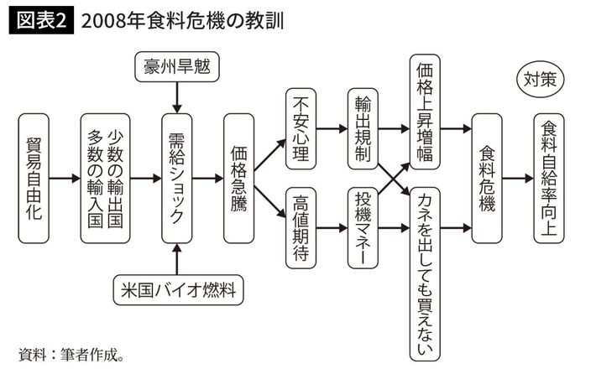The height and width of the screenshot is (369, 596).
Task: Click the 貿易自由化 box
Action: tap(34, 178)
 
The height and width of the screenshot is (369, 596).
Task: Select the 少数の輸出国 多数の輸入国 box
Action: tap(106, 178)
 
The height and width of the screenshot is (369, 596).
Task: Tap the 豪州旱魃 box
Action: tap(176, 66)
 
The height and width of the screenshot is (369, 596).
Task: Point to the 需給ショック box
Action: tap(176, 178)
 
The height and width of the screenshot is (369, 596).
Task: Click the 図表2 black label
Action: tap(39, 21)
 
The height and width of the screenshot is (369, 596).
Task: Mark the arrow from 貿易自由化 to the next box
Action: tap(64, 178)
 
